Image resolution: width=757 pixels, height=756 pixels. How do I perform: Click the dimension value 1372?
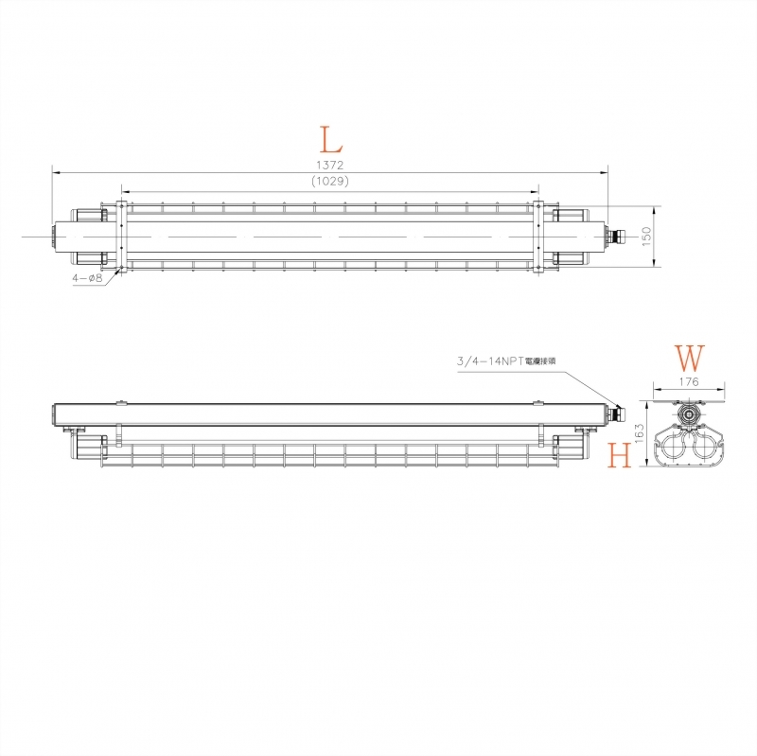(x=329, y=166)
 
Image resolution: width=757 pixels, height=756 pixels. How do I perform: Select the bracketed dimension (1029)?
(x=329, y=182)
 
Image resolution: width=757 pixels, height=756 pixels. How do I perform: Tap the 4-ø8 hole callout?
(x=86, y=279)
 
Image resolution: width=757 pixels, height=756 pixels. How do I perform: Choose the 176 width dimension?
(x=689, y=382)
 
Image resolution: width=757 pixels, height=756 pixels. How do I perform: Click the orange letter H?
(x=621, y=456)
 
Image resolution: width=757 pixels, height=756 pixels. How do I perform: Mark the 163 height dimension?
(x=639, y=434)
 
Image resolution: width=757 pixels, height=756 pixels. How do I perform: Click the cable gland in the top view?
(x=619, y=234)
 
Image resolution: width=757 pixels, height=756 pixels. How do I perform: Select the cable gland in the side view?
(x=619, y=411)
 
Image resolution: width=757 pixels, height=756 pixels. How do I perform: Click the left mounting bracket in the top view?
(x=121, y=236)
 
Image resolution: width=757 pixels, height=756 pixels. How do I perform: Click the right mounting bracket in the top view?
(x=537, y=236)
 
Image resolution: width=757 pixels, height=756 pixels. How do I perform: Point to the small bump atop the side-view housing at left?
(x=121, y=403)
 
